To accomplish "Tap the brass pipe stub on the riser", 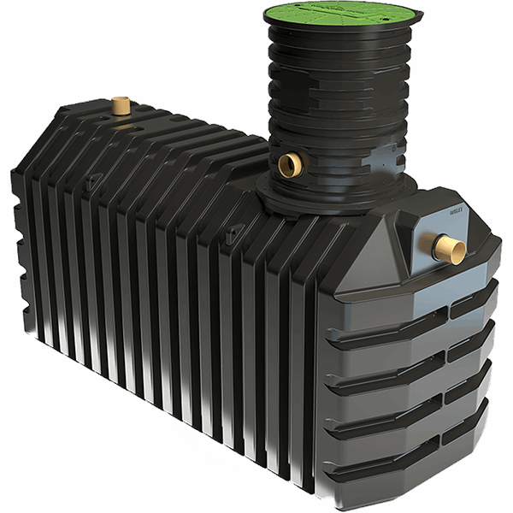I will point(289,162).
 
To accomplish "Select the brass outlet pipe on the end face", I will point(449,249).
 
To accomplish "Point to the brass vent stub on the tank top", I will point(120,107).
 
